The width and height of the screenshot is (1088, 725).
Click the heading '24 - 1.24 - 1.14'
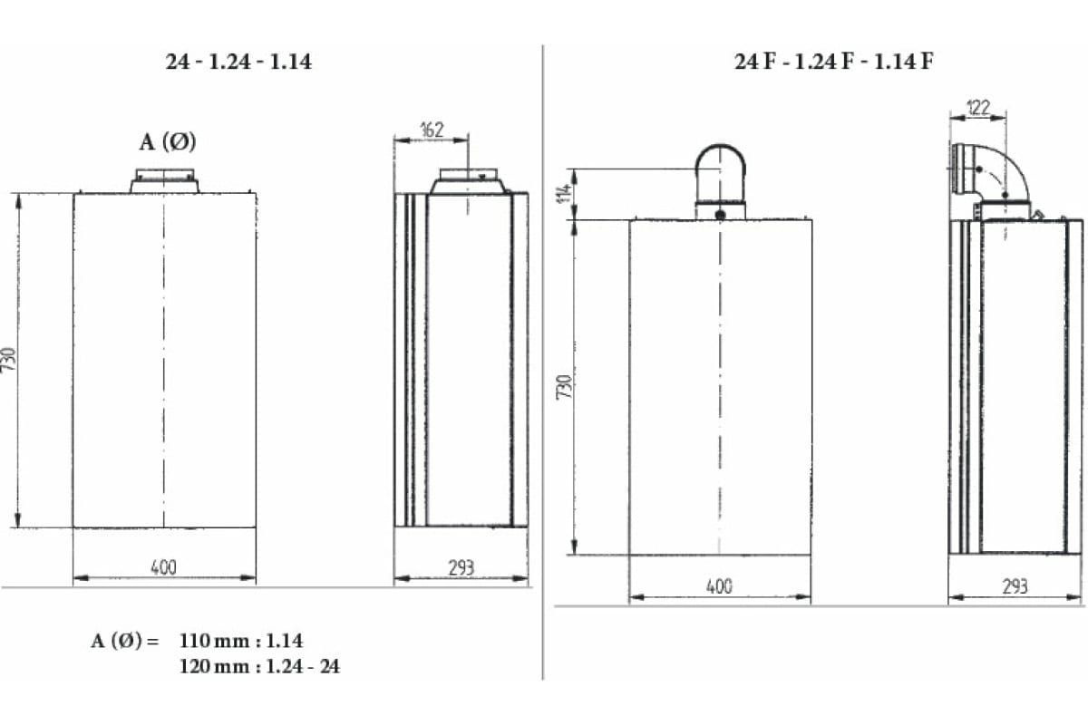coord(238,62)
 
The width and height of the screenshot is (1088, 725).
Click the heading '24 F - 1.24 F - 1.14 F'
coord(833,62)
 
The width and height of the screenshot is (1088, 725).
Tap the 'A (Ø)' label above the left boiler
coord(168,142)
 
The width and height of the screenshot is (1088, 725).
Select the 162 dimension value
coord(432,130)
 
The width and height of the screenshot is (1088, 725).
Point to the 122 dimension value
coord(978,107)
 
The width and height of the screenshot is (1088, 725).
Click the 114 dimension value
coord(565,193)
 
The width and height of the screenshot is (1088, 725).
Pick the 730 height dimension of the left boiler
coord(9,360)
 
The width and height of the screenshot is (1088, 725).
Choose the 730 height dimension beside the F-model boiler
coord(564,387)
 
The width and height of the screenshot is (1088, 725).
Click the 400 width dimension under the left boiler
coord(164,567)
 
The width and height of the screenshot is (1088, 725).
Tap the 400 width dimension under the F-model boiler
coord(719,586)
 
